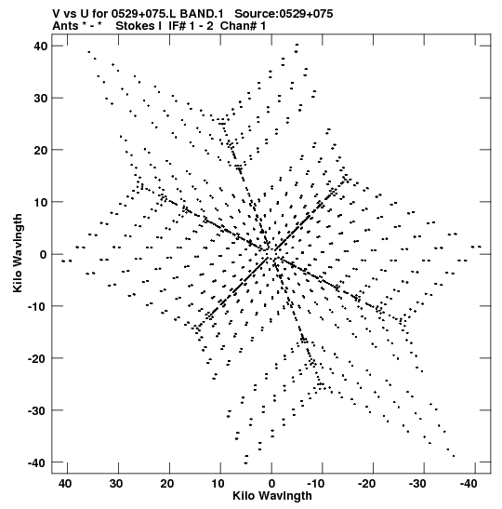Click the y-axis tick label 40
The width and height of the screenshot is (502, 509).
tap(41, 47)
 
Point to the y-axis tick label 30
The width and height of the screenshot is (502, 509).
tap(41, 98)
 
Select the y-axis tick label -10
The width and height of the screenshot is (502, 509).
tap(37, 306)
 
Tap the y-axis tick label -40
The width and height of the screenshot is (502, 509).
tap(37, 462)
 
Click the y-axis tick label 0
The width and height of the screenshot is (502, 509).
tap(44, 255)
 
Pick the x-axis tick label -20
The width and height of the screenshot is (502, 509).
tap(367, 484)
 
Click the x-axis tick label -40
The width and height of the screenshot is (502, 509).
tap(469, 484)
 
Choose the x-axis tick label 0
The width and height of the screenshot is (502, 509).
tap(271, 484)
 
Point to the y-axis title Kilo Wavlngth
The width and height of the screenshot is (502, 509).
tap(18, 253)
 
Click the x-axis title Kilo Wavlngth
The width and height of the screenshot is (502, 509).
tap(272, 496)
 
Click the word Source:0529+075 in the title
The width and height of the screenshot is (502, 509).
tap(284, 14)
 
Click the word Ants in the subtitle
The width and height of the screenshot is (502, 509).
tap(65, 26)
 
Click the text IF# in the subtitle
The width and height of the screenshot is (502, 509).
tap(177, 26)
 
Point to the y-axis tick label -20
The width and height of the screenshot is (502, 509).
tap(37, 358)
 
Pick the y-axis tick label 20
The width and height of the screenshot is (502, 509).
tap(41, 150)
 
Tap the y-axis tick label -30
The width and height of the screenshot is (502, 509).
tap(37, 410)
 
